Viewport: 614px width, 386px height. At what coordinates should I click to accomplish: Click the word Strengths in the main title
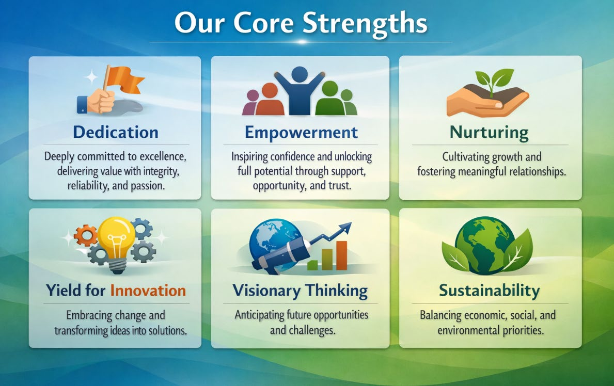point(365,24)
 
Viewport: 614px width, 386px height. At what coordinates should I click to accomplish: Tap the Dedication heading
point(116,132)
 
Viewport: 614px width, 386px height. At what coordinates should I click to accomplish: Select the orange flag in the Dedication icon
point(124,79)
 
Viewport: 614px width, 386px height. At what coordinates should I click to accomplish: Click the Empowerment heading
point(301,133)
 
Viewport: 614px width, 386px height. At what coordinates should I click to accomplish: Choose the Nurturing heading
point(489,133)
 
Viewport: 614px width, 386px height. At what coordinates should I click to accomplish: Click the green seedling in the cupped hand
point(494,81)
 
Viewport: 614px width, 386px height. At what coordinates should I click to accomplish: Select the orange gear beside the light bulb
point(85,236)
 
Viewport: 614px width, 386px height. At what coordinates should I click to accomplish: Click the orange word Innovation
point(148,291)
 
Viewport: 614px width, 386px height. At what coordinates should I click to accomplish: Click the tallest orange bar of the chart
point(341,255)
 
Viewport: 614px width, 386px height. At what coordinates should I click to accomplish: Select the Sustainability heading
point(489,291)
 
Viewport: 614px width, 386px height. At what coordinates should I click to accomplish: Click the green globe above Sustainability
point(485,245)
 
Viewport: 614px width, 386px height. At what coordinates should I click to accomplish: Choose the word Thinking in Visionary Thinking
point(336,291)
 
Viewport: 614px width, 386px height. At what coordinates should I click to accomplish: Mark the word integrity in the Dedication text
point(161,171)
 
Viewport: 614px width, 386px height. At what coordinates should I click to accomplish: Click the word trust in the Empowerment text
point(339,185)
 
